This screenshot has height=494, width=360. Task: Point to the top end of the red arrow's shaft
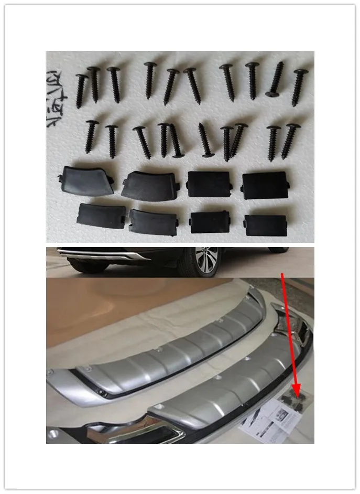(x=283, y=273)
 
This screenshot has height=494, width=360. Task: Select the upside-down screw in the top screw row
(x=275, y=80)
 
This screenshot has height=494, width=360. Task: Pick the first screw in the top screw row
(x=81, y=90)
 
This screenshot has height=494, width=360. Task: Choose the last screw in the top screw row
(x=299, y=87)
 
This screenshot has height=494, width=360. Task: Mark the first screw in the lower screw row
(x=91, y=136)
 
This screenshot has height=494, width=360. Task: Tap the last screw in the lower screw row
(x=289, y=141)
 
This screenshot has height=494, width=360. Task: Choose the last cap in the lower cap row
(x=266, y=224)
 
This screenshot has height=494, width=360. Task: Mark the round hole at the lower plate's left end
(x=53, y=435)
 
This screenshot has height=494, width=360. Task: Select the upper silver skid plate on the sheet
(x=168, y=346)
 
